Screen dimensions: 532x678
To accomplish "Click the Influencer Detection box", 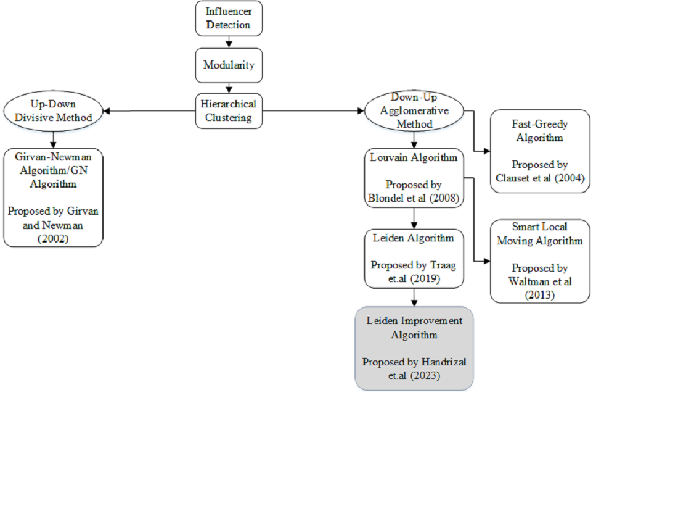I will pos(229,19).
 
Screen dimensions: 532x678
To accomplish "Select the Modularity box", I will pos(229,65).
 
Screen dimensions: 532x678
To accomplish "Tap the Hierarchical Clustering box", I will pos(229,111).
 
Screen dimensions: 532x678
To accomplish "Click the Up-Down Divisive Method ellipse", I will pos(52,111).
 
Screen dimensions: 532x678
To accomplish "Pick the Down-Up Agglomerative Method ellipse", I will pos(414,111).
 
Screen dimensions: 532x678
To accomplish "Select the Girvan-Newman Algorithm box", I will pos(52,197).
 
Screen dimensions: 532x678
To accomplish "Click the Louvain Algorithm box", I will pos(414,178).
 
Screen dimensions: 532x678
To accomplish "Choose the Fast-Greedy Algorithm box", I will pos(540,151).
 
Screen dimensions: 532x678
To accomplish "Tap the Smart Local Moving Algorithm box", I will pos(540,261).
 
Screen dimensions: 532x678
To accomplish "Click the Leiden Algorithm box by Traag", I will pos(414,259).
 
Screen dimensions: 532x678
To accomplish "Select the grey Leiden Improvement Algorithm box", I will pos(414,348).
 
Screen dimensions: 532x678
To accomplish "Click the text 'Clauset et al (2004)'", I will pos(540,178).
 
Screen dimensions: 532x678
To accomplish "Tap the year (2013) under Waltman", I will pos(540,295).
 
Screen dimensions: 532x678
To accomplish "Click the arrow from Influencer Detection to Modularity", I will pos(229,42).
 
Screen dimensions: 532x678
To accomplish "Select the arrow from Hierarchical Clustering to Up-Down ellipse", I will pos(148,112).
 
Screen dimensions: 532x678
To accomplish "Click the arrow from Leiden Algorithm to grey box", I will pos(414,297).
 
